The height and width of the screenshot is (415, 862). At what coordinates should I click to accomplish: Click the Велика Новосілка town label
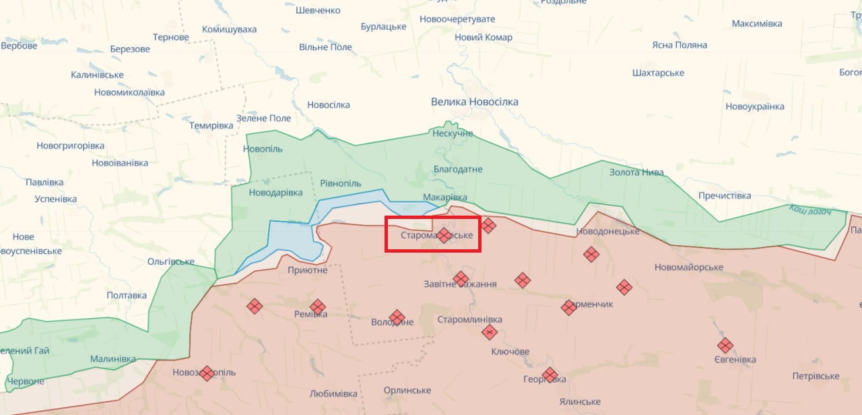click(475, 102)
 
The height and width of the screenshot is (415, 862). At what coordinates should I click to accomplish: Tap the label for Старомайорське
click(436, 236)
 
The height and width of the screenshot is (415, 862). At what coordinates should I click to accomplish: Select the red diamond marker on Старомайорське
click(444, 235)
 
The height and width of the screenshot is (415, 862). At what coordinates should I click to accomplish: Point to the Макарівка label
click(444, 197)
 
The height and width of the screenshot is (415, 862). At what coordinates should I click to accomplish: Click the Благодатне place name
click(458, 169)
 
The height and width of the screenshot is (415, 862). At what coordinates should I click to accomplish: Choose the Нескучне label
click(453, 133)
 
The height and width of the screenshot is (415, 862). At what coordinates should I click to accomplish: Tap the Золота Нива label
click(636, 172)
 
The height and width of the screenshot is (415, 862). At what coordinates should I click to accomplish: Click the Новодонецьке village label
click(607, 232)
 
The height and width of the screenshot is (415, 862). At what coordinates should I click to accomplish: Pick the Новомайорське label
click(689, 267)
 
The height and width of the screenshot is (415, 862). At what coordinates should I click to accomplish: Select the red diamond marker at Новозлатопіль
click(207, 373)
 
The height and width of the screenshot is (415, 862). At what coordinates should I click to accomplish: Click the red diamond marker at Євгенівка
click(725, 346)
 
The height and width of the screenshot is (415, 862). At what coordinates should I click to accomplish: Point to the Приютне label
click(307, 270)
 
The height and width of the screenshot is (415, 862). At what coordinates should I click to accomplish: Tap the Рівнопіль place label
click(341, 184)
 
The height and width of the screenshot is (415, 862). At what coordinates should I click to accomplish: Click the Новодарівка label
click(276, 193)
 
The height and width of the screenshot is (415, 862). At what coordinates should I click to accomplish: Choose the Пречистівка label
click(725, 196)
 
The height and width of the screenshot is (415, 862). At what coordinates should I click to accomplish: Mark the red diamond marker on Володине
click(397, 317)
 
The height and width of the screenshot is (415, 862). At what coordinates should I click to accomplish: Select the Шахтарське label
click(658, 73)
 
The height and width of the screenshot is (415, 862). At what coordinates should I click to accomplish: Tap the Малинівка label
click(112, 359)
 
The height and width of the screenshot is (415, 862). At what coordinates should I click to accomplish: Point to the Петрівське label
click(816, 376)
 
